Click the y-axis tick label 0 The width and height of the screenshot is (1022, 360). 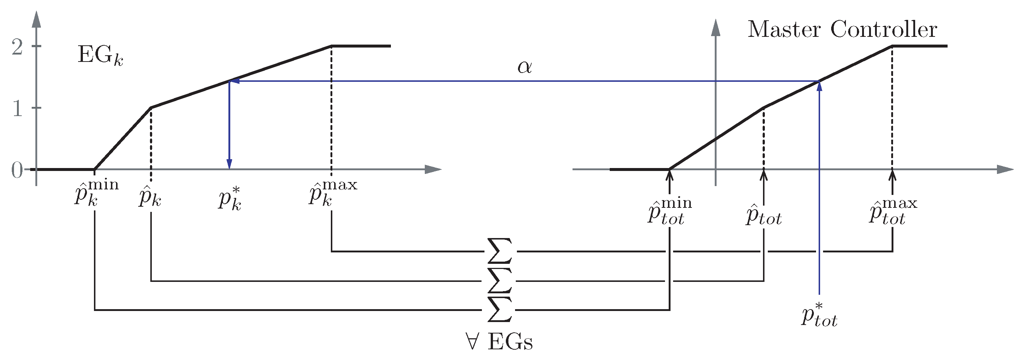coord(17,171)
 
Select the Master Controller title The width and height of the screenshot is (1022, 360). coord(842,30)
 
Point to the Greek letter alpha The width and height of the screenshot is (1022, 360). coord(524,67)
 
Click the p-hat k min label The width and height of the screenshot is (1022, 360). coord(96,192)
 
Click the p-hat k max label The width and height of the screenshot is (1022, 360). coord(332,192)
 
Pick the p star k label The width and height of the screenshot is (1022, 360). coord(230,199)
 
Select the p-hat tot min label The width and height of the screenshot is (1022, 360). coord(670,212)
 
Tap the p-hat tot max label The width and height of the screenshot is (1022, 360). coord(893,212)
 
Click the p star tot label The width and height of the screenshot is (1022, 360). coord(819,315)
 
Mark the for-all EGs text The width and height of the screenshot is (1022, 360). coord(500,341)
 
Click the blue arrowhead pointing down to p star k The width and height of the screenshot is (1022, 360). coord(229,164)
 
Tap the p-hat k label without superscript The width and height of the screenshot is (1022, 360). coord(150,197)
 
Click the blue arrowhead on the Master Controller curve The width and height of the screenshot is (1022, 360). coord(819,87)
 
